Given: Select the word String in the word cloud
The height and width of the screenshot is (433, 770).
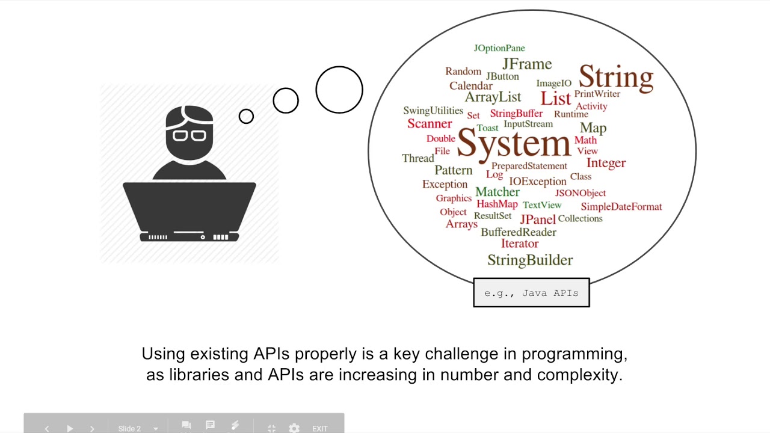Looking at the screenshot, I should click(615, 78).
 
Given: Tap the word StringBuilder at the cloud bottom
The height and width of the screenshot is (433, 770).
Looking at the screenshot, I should click(529, 260).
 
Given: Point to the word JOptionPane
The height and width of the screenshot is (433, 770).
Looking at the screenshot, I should click(499, 48).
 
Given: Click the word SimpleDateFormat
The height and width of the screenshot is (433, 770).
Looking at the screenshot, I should click(621, 207).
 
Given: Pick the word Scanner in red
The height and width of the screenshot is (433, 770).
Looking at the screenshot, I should click(430, 124).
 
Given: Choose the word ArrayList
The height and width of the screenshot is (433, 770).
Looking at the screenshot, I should click(493, 97).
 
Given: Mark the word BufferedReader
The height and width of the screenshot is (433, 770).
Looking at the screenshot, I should click(518, 232).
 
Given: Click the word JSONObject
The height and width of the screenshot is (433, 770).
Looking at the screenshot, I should click(580, 193).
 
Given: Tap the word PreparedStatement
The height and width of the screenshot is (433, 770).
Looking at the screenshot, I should click(529, 166).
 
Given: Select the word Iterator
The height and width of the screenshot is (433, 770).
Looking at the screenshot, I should click(519, 244).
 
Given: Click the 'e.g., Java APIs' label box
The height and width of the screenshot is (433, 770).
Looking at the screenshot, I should click(531, 293).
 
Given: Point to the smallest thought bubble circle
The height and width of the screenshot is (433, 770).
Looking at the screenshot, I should click(246, 117).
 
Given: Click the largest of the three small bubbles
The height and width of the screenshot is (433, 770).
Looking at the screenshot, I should click(339, 90).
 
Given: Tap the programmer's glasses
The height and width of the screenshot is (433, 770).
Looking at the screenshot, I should click(189, 134).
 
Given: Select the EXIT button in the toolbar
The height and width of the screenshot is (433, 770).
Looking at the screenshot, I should click(319, 429).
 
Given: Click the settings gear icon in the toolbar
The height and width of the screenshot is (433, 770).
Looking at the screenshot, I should click(294, 428).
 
